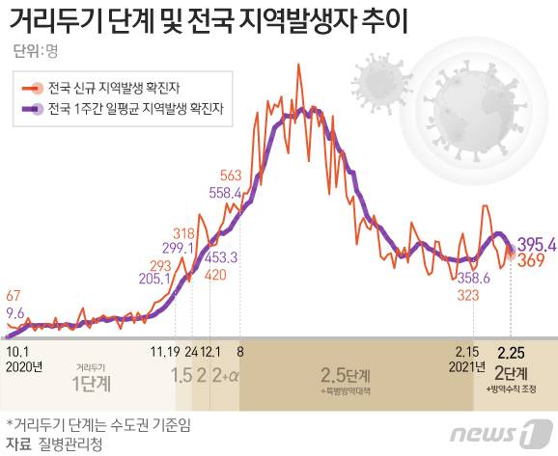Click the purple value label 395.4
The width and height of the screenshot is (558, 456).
point(537,245)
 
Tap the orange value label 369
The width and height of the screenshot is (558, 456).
point(531,260)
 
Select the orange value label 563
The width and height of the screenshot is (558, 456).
point(231,175)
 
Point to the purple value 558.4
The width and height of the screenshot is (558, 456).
point(225,193)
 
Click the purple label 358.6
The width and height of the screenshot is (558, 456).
point(473,278)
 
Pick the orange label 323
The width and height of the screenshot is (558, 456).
point(467,295)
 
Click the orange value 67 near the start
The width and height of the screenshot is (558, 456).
point(14,296)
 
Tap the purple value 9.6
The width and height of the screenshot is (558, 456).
point(14,313)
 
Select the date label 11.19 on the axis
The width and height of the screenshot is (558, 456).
point(165,352)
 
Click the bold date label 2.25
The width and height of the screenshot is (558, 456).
point(511,353)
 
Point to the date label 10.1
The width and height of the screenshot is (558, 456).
point(17,352)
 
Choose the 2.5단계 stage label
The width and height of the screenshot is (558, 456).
point(346,375)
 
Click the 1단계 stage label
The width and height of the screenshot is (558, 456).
point(92,384)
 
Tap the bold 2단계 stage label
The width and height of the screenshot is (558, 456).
point(511,372)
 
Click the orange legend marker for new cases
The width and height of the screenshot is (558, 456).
point(33,88)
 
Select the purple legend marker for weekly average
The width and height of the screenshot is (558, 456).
point(33,109)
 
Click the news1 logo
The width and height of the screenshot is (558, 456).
point(501,433)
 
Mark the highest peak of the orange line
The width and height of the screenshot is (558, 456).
point(298,64)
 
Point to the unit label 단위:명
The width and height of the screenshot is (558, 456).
point(35,51)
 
